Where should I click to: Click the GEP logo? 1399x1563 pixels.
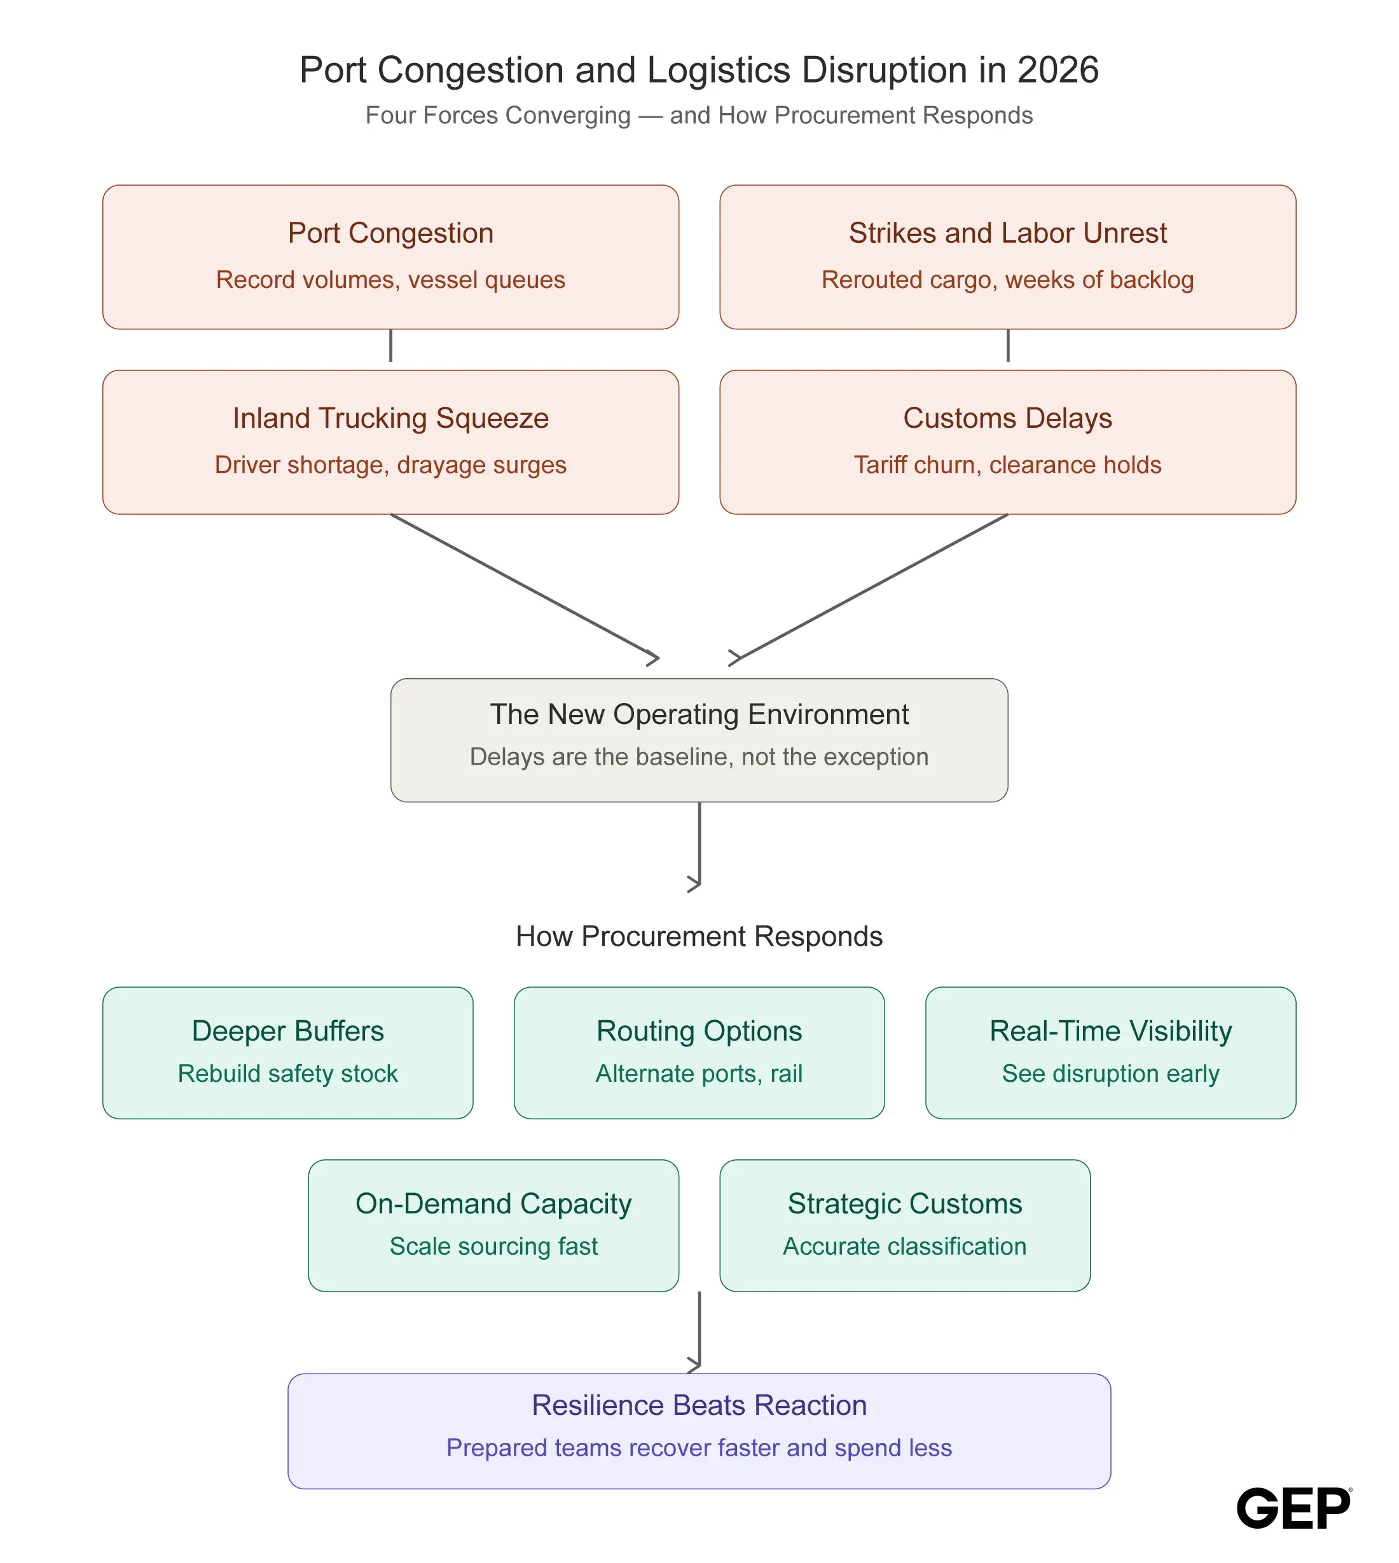click(1293, 1508)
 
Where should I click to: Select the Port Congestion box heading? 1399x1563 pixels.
click(390, 233)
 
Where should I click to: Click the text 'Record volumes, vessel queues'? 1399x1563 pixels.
click(390, 280)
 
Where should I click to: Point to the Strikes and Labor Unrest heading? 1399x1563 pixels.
click(1008, 233)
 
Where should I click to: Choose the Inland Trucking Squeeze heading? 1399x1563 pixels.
click(390, 418)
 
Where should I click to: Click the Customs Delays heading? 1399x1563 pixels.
click(1008, 418)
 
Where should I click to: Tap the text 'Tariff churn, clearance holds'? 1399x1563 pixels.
click(1008, 465)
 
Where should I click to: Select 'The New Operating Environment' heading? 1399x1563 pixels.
click(699, 714)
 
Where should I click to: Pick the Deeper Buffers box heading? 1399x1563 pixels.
click(288, 1031)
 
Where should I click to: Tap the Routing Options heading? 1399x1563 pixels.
click(699, 1031)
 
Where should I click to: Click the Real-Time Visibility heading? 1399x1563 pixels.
click(1111, 1031)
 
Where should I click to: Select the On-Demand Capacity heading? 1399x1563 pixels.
click(493, 1204)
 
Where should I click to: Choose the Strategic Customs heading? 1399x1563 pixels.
click(905, 1204)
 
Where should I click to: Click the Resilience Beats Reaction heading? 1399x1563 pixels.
click(699, 1405)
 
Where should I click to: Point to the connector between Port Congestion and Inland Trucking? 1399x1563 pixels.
click(390, 346)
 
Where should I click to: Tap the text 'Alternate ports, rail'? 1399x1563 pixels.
click(699, 1074)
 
